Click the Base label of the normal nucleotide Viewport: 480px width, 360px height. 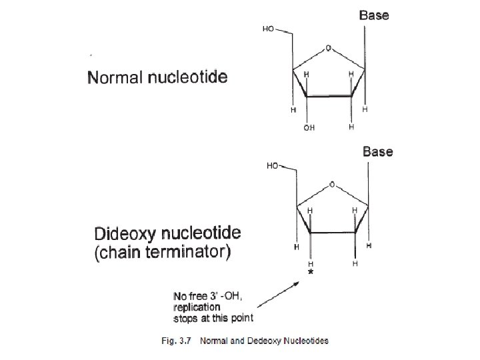tap(374, 15)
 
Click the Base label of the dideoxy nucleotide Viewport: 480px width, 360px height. tap(377, 151)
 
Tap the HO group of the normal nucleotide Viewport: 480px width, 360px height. tap(269, 29)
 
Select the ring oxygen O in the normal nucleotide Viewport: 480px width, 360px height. tap(328, 48)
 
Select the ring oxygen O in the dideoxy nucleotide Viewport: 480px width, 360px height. tap(332, 185)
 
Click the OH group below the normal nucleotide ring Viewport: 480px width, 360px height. tap(309, 128)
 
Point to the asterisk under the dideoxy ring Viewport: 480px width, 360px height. tap(310, 273)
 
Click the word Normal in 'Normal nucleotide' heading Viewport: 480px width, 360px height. tap(115, 77)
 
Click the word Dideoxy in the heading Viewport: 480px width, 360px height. tap(127, 235)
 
